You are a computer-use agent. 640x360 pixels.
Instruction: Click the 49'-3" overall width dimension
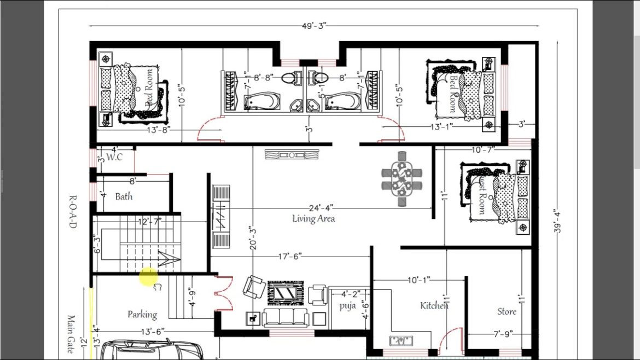[x=313, y=25]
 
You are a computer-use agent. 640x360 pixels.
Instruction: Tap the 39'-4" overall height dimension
[x=557, y=222]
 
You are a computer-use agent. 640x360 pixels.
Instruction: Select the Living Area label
[x=313, y=219]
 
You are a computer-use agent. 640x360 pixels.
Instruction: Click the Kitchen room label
[x=434, y=305]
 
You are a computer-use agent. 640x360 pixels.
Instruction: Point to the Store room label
[x=507, y=311]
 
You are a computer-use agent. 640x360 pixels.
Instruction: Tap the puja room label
[x=347, y=305]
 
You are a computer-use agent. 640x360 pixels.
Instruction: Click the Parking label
[x=142, y=314]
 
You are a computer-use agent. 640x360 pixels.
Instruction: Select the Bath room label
[x=124, y=196]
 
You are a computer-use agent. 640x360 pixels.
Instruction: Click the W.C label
[x=114, y=157]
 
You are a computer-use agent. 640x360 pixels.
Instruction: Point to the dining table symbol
[x=403, y=178]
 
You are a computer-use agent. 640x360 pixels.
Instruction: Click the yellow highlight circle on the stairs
[x=148, y=277]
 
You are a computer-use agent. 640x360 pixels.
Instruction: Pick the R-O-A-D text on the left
[x=72, y=211]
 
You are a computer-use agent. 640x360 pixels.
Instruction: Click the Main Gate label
[x=71, y=334]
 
